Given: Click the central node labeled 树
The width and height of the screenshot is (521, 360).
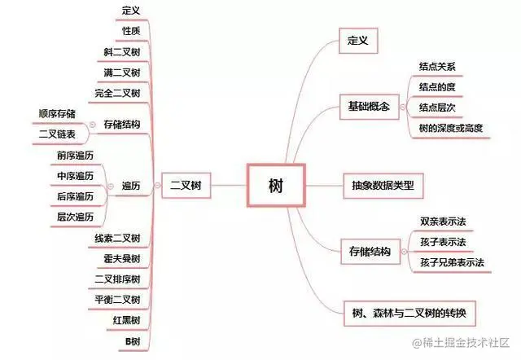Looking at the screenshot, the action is coord(275,185).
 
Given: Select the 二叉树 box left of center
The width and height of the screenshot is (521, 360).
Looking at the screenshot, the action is coord(185,185).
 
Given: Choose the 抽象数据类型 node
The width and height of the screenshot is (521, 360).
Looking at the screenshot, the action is coord(383,185).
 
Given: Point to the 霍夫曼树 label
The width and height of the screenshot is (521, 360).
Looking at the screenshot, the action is coord(123,258).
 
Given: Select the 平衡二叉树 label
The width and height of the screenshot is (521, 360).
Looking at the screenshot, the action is coord(118,298).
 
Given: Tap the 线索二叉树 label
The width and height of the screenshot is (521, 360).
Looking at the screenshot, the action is coord(118,238).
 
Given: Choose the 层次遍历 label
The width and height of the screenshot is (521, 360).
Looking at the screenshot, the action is coord(75,217).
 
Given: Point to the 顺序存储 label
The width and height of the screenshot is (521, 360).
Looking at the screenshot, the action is coord(57,113).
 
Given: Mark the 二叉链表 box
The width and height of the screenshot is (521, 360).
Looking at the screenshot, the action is coord(57,134).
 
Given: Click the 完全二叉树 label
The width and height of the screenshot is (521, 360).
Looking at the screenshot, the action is coord(118,93).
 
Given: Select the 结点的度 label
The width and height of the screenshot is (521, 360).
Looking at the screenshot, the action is coord(437,86).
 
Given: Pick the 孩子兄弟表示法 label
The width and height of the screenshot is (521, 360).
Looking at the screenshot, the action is coord(452,262).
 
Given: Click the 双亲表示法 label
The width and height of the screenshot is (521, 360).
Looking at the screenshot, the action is coord(443,222).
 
